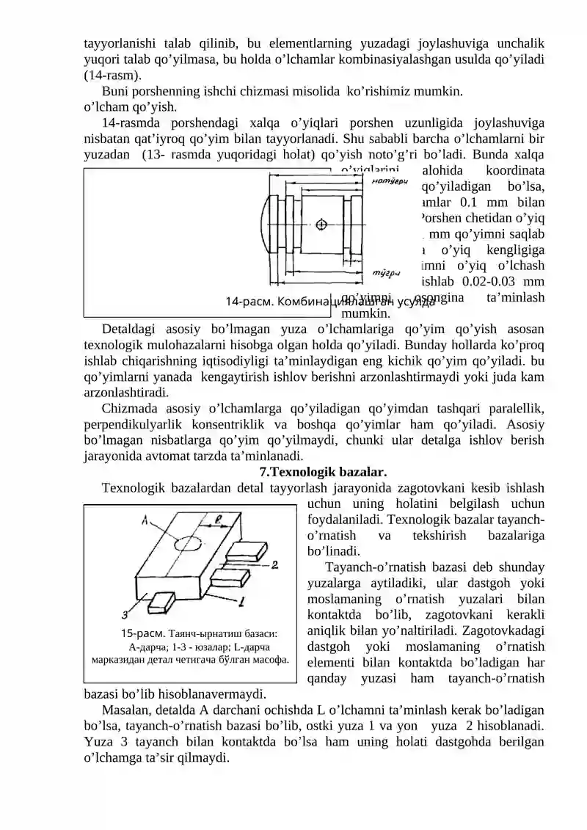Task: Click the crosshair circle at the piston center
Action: tap(321, 225)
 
